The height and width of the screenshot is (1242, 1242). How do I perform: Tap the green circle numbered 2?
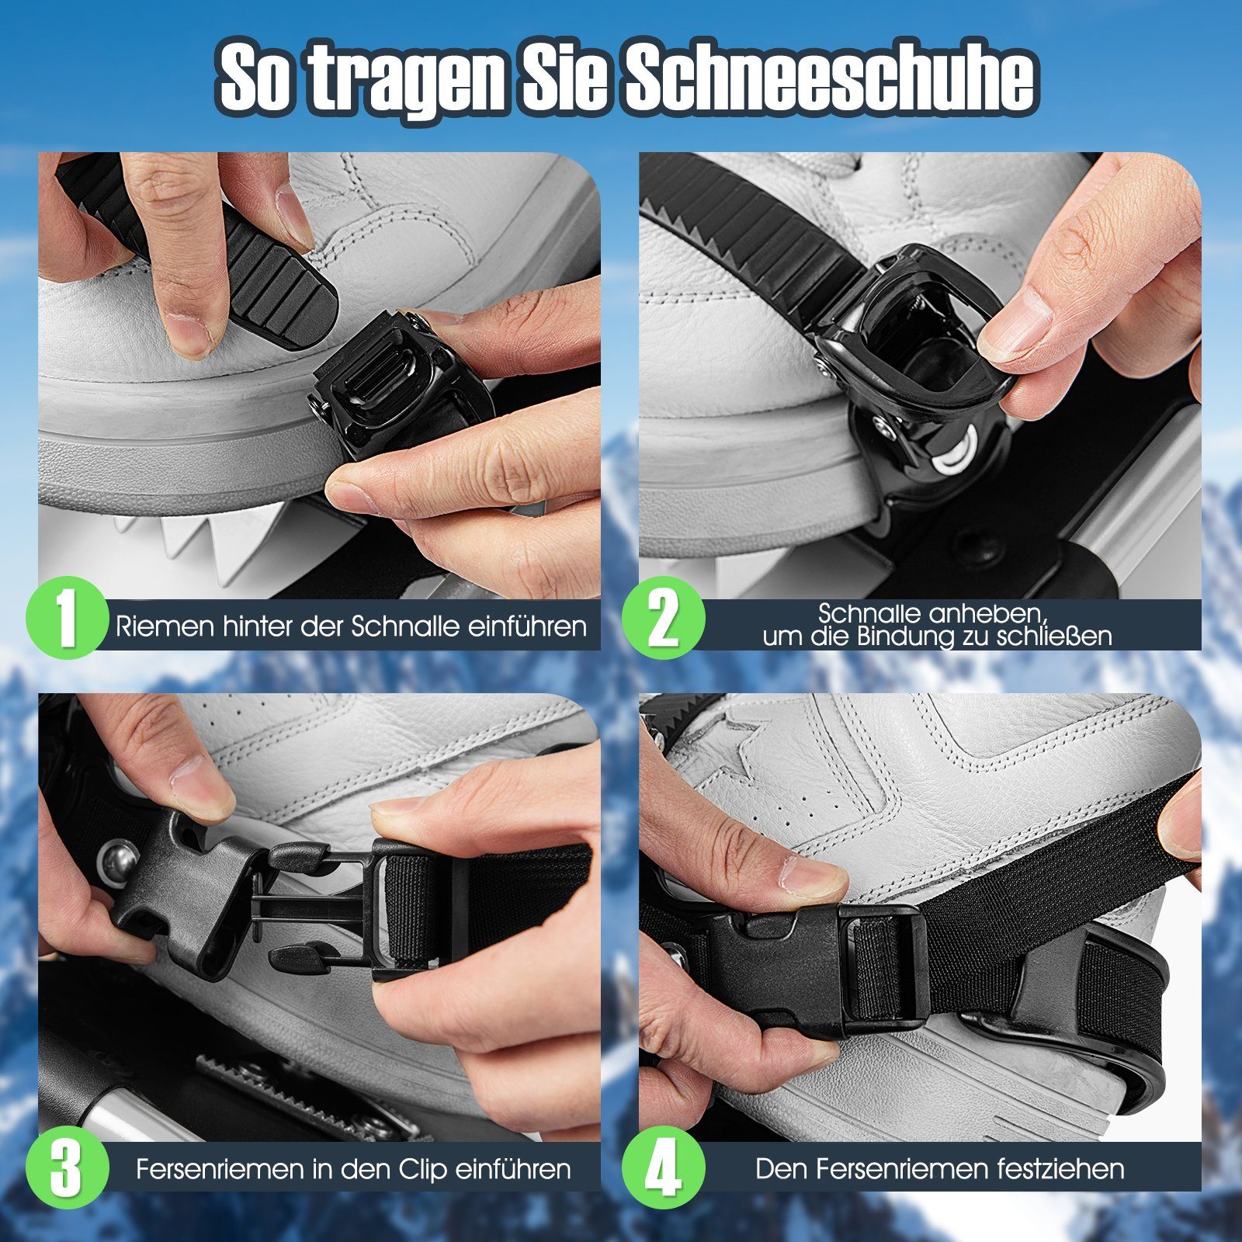[664, 619]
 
